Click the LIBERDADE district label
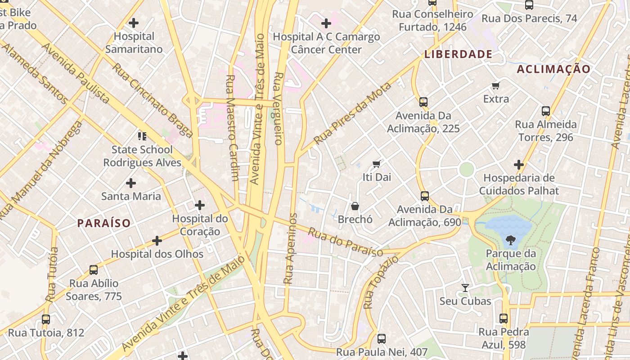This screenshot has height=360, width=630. [x=458, y=54]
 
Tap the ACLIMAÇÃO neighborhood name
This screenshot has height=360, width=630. [x=553, y=69]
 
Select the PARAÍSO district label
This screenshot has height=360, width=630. [x=103, y=223]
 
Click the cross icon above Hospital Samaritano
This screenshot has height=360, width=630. [x=134, y=22]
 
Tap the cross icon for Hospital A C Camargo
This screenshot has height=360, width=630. [x=326, y=23]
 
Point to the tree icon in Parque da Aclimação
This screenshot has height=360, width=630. [x=511, y=240]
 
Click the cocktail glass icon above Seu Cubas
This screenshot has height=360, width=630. [x=465, y=288]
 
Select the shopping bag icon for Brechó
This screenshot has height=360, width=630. [x=355, y=206]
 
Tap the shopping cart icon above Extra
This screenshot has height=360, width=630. [x=496, y=85]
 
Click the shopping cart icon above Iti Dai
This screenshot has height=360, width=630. [x=377, y=164]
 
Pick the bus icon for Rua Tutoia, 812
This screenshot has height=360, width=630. [x=46, y=319]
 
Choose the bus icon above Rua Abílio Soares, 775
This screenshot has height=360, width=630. [x=94, y=270]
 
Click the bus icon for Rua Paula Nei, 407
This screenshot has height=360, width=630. [x=382, y=338]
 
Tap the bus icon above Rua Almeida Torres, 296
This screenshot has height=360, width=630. [x=546, y=111]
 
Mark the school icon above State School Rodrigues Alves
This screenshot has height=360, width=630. [x=142, y=136]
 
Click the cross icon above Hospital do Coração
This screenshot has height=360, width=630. [x=200, y=206]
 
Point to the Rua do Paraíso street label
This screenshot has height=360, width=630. [x=345, y=242]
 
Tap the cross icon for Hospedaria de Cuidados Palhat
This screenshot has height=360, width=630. [x=519, y=165]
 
